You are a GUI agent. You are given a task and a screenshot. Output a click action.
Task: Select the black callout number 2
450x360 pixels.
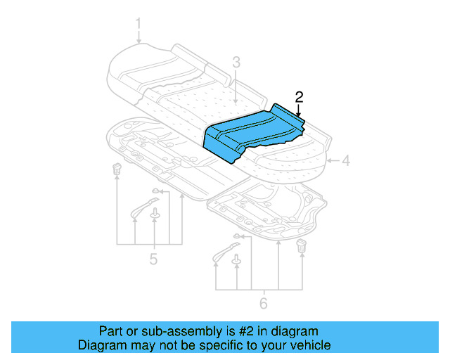click(x=299, y=97)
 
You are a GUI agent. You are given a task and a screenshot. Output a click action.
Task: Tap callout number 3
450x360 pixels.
click(x=236, y=62)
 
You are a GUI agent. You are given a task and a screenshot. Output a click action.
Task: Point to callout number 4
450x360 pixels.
click(x=345, y=161)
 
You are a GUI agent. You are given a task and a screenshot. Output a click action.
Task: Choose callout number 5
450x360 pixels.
click(x=153, y=259)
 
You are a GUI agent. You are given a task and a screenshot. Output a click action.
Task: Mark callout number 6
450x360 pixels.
click(x=264, y=303)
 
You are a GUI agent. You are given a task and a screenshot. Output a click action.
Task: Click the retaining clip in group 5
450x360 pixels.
click(x=116, y=169)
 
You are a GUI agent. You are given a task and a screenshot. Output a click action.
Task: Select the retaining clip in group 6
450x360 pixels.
click(x=302, y=245)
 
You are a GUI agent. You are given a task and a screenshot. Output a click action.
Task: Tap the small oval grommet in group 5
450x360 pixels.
click(x=155, y=191)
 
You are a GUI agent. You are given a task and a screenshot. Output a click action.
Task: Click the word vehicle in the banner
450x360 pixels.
click(x=310, y=345)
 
